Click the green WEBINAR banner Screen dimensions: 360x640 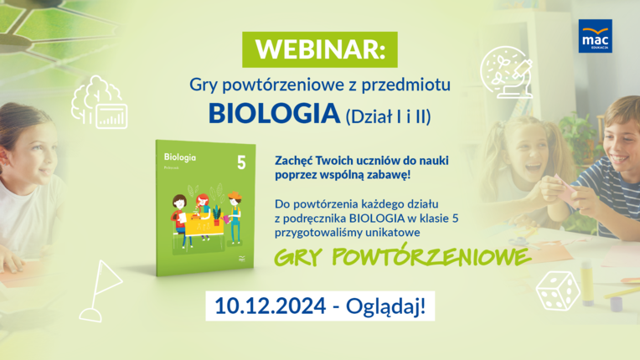tap(320, 49)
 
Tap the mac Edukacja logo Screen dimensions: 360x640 tap(594, 36)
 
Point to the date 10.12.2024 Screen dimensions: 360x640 tap(267, 306)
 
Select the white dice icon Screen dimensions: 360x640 tap(557, 290)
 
